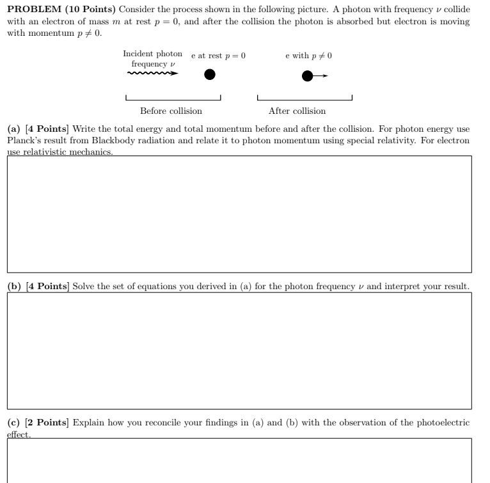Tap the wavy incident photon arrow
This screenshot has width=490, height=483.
(153, 74)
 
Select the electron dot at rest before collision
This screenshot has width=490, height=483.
(209, 75)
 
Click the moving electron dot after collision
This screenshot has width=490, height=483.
(308, 77)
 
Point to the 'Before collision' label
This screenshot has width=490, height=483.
(171, 111)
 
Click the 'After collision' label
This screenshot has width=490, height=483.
(297, 111)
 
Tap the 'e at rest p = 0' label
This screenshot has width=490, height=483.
(218, 56)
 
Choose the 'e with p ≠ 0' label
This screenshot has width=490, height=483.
(308, 56)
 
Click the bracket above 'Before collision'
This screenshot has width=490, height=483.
(173, 99)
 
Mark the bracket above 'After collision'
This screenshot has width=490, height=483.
(304, 99)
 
